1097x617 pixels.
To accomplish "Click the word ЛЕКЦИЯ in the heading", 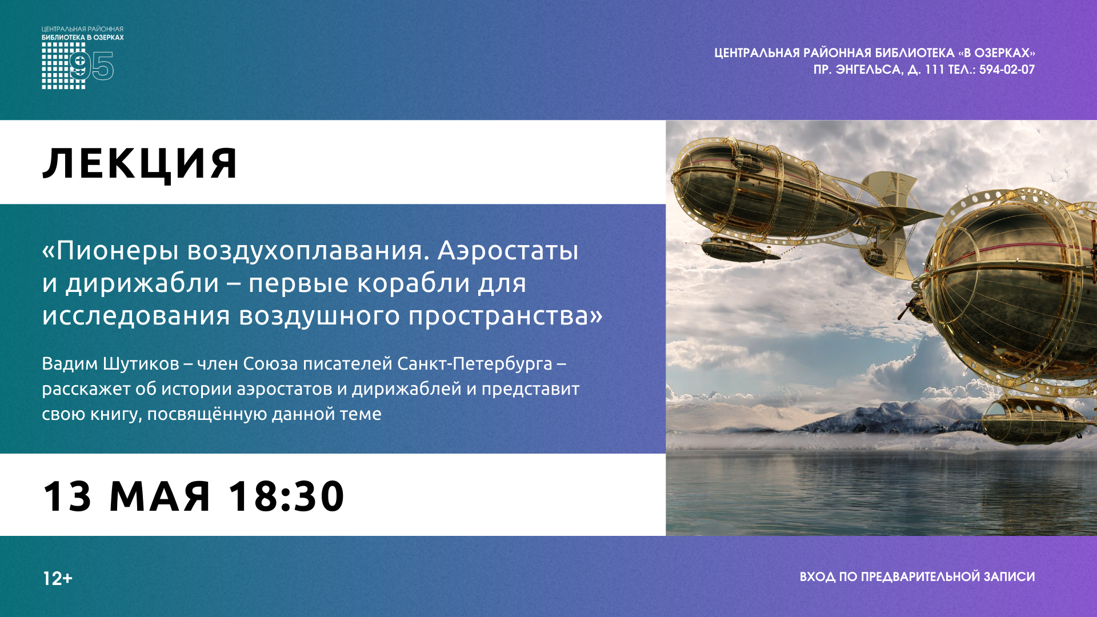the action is click(140, 164).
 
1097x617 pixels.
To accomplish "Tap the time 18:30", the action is click(286, 496).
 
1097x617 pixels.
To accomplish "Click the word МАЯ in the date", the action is click(159, 496).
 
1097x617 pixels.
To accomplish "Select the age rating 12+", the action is click(58, 579).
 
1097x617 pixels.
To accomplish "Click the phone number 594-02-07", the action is click(1007, 70).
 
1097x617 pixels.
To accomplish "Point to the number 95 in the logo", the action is click(91, 66).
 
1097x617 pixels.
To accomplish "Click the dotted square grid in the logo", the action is click(63, 66).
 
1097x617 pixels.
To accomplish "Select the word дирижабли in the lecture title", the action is click(142, 283).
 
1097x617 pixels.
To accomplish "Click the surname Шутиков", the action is click(141, 364).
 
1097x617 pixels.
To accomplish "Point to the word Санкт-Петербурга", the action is click(475, 364).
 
